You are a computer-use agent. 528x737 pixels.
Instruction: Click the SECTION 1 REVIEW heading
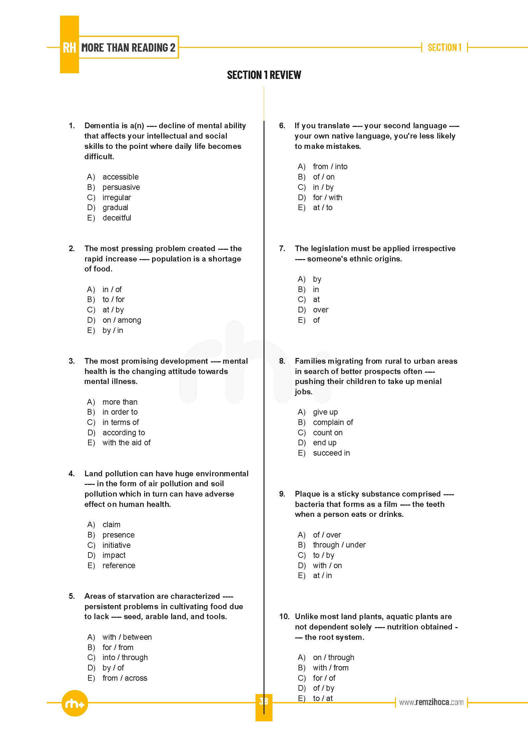(x=264, y=75)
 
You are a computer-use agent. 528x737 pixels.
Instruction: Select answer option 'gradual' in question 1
(x=115, y=207)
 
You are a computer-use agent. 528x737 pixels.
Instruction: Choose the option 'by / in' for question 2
(x=113, y=330)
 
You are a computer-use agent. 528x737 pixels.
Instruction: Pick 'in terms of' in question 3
(x=120, y=422)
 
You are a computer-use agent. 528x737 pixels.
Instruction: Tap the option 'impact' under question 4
(x=114, y=555)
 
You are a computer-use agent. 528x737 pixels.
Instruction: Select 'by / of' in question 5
(x=113, y=668)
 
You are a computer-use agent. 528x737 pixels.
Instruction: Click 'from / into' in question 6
(x=330, y=167)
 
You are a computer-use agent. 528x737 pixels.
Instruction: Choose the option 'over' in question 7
(x=321, y=310)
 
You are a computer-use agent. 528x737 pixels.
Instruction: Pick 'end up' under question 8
(x=325, y=443)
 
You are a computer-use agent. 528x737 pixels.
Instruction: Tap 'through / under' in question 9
(x=339, y=545)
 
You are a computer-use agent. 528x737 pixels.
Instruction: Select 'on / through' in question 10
(x=334, y=657)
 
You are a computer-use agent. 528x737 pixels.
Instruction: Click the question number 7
(x=282, y=248)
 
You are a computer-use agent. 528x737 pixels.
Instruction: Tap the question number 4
(x=72, y=474)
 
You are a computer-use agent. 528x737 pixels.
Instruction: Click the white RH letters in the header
(x=69, y=48)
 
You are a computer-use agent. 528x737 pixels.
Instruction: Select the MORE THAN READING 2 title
(x=128, y=48)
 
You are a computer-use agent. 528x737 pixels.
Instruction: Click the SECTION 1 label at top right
(x=444, y=48)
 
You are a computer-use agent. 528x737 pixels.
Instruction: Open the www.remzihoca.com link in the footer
(x=431, y=702)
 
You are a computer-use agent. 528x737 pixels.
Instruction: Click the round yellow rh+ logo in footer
(x=75, y=704)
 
